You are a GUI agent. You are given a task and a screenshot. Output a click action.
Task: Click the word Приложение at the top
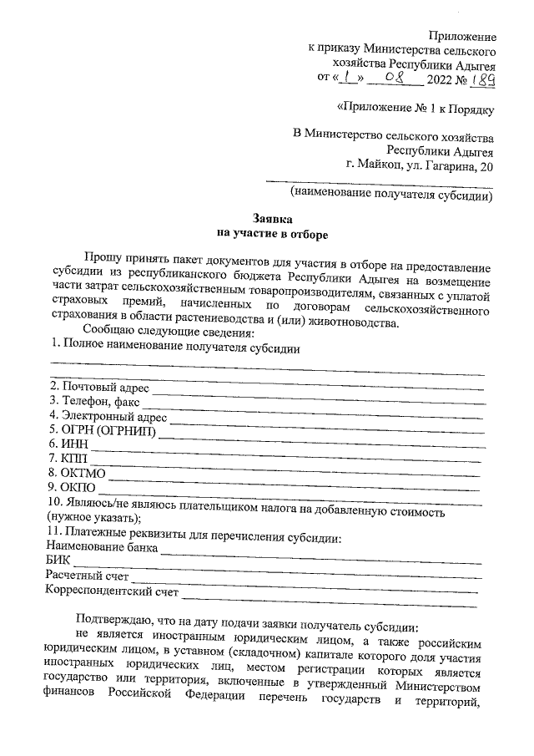(461, 37)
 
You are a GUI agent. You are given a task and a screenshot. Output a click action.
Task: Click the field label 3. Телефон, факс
(94, 402)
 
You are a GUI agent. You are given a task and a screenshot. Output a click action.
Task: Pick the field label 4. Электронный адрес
(108, 417)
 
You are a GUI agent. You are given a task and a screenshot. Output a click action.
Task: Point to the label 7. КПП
(67, 459)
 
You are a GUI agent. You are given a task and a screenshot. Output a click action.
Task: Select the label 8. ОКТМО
(76, 474)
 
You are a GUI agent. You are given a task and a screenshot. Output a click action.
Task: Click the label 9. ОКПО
(73, 488)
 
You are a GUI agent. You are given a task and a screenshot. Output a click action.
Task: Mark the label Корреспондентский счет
(112, 592)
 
